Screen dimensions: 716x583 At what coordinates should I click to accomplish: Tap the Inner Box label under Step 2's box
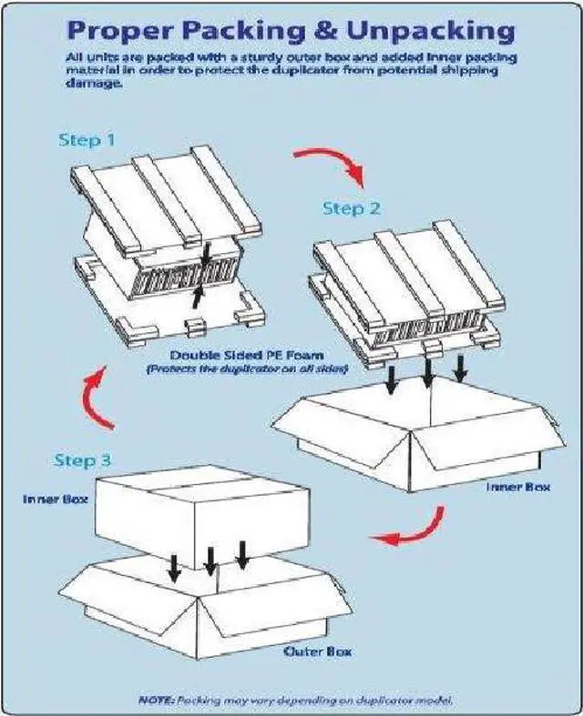(517, 487)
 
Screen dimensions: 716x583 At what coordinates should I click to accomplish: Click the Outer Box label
(318, 651)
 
